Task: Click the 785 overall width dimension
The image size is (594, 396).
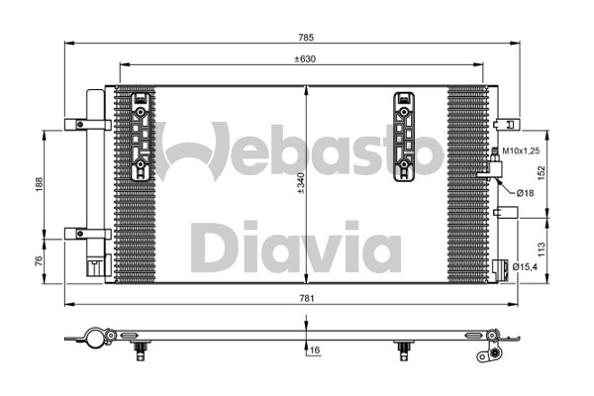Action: (x=306, y=38)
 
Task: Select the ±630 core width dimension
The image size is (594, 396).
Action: (x=305, y=58)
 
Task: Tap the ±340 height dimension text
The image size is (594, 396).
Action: (x=299, y=182)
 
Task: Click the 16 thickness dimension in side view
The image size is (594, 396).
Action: (x=314, y=349)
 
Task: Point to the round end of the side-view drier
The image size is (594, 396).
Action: (x=93, y=338)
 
